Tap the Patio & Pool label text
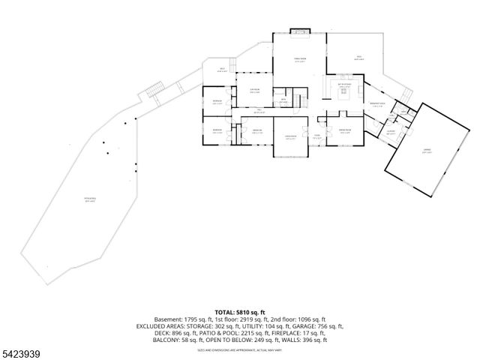tap(90, 199)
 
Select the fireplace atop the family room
tap(299, 32)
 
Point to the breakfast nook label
tap(377, 104)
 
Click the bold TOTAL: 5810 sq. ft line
tap(240, 311)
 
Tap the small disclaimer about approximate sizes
tap(240, 349)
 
